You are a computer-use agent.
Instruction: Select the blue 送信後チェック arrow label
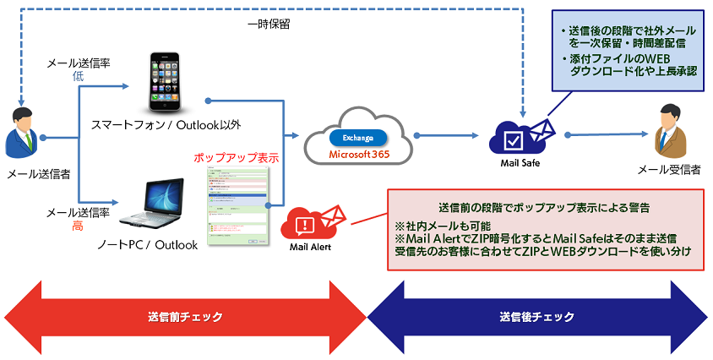(x=536, y=317)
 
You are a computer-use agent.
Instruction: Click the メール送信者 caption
(x=38, y=174)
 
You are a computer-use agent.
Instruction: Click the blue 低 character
(x=77, y=75)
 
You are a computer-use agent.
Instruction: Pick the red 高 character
(x=77, y=226)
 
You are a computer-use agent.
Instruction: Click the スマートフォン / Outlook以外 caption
(x=166, y=125)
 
